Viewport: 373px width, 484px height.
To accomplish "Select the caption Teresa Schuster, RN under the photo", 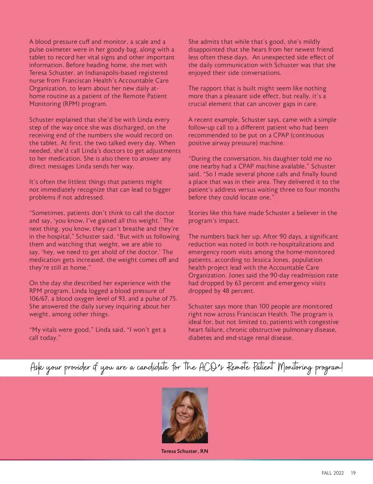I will pos(185,451).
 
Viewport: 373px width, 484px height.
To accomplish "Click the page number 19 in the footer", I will pos(353,473).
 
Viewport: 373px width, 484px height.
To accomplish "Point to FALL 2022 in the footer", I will pos(333,473).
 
